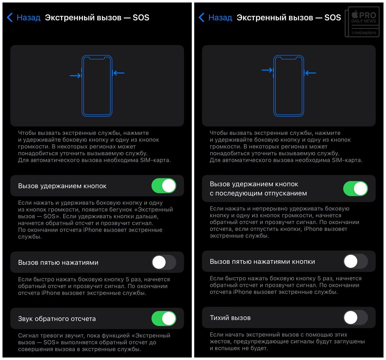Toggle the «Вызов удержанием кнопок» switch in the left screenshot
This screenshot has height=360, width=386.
click(x=164, y=186)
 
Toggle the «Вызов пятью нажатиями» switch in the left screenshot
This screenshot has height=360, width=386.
click(x=164, y=262)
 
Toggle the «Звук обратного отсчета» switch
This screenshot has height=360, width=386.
click(x=164, y=318)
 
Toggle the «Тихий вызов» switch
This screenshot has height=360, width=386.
click(x=355, y=318)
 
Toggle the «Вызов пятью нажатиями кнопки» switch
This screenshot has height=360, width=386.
click(x=355, y=261)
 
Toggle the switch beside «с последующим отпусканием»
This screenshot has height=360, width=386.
click(x=355, y=188)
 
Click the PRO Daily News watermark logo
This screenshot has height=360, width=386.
click(x=362, y=22)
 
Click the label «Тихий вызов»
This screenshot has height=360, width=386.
click(x=230, y=318)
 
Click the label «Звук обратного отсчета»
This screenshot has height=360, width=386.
click(x=57, y=319)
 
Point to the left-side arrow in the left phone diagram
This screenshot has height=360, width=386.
click(x=75, y=76)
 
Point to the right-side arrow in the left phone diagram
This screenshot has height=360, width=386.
click(x=119, y=73)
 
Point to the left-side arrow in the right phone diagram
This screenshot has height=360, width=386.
click(x=267, y=70)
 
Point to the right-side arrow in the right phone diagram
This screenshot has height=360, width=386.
click(x=311, y=73)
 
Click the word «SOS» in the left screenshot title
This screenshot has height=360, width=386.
click(x=141, y=17)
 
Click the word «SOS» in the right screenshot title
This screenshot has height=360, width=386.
click(x=333, y=17)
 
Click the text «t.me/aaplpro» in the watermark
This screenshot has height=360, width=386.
click(x=364, y=33)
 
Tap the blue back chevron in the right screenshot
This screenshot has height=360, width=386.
click(x=201, y=17)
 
